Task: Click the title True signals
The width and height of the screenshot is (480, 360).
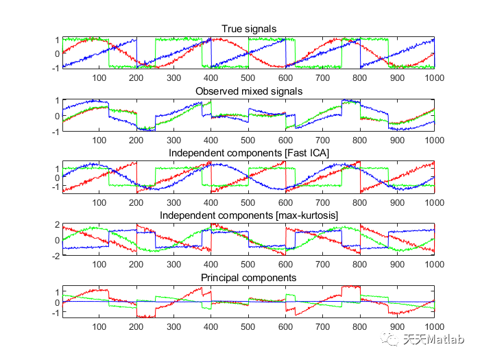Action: click(x=249, y=29)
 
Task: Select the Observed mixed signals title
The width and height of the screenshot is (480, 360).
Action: click(x=249, y=91)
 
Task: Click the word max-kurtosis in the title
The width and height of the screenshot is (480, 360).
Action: click(x=307, y=215)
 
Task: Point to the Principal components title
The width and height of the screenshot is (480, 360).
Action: click(x=248, y=278)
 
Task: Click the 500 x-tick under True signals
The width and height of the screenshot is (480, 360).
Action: click(x=248, y=78)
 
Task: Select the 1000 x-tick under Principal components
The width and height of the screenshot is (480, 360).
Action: click(x=434, y=327)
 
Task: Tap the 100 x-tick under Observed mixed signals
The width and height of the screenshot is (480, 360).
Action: click(x=99, y=141)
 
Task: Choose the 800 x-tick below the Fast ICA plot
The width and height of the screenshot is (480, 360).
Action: click(x=360, y=203)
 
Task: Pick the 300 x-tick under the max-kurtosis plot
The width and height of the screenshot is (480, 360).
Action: click(x=173, y=265)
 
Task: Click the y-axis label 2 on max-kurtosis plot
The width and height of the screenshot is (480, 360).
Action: click(x=57, y=225)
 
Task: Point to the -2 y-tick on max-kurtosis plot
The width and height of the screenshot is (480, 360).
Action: click(x=56, y=256)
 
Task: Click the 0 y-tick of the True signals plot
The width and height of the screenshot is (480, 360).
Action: click(x=57, y=54)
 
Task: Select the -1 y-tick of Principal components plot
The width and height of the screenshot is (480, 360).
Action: click(x=56, y=313)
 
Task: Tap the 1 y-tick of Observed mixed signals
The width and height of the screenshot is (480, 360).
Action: click(x=57, y=101)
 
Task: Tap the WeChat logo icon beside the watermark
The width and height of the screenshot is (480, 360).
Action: click(x=389, y=339)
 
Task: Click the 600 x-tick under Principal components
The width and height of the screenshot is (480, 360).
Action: click(x=285, y=327)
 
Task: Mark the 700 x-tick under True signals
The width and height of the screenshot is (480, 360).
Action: click(x=323, y=78)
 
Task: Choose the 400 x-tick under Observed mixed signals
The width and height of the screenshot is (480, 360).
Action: click(x=211, y=141)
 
